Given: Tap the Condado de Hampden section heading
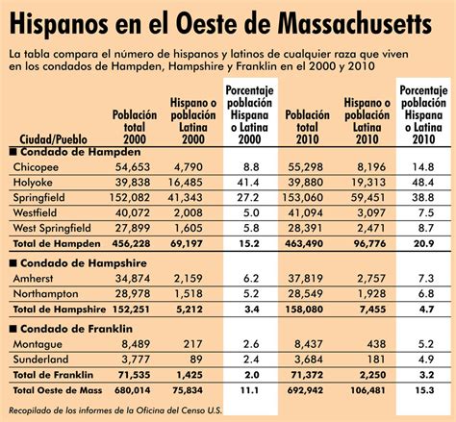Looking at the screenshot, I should (72, 152).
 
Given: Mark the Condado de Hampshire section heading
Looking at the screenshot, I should (78, 261).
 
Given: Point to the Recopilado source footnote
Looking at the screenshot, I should (115, 410).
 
